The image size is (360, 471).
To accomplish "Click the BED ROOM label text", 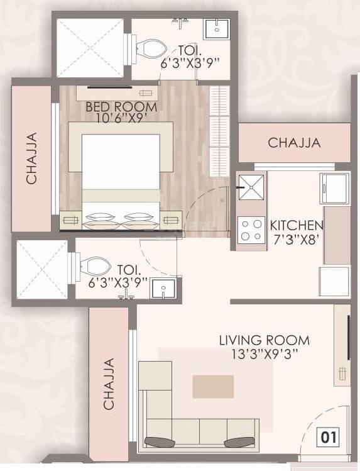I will click(121, 106).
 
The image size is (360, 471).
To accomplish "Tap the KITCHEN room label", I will click(297, 225).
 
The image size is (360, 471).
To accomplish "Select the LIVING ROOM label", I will click(264, 340).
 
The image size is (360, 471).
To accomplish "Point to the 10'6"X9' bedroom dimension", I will click(121, 118).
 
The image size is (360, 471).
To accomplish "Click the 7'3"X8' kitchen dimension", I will click(297, 238).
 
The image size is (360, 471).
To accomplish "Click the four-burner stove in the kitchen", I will click(251, 230).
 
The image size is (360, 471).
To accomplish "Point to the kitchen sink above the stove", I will click(251, 186).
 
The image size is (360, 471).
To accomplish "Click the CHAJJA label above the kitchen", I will click(294, 143).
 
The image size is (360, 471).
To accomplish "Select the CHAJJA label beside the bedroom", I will click(31, 158).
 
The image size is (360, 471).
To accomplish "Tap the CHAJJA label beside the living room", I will click(109, 384).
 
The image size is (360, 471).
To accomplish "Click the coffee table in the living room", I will click(213, 386).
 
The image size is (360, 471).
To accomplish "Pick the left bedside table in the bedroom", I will click(71, 220).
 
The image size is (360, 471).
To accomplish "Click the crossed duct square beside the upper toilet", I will click(92, 47).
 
